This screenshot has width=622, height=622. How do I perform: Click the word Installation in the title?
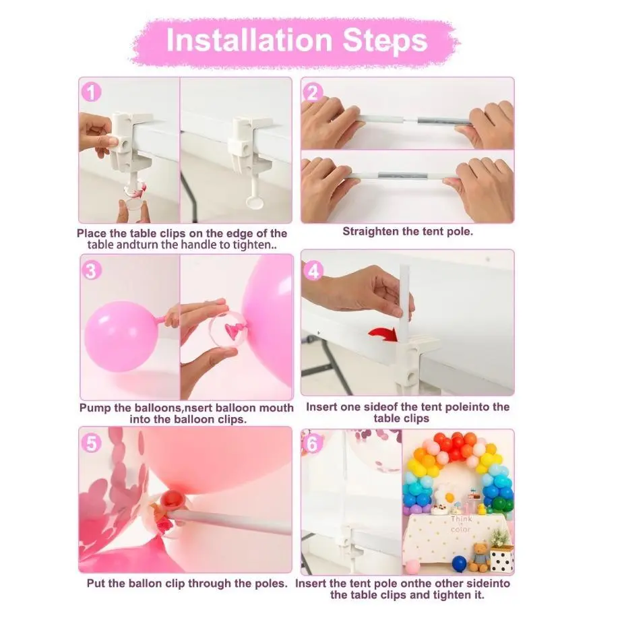(249, 40)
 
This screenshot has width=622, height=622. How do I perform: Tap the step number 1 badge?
(91, 92)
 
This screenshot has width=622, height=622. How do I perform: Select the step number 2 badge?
(313, 93)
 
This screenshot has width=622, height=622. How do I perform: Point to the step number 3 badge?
(92, 270)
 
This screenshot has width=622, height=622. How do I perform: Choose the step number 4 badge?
(313, 271)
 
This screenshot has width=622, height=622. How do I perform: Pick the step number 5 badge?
(91, 443)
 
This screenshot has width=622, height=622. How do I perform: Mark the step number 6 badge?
(313, 444)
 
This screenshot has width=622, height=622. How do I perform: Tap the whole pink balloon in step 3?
(121, 336)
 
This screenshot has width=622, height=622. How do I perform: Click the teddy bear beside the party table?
(479, 557)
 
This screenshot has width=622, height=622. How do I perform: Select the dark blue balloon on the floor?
(460, 563)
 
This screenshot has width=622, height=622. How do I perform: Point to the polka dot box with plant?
(502, 551)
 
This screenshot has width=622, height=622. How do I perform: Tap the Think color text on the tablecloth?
(460, 524)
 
